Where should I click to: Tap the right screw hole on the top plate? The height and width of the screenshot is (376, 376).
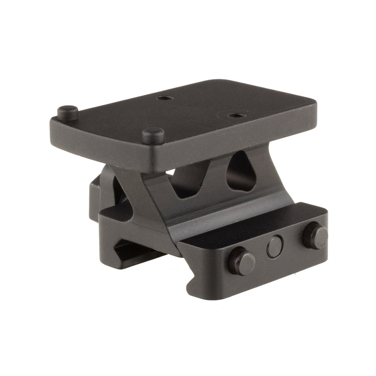click(232, 116)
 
